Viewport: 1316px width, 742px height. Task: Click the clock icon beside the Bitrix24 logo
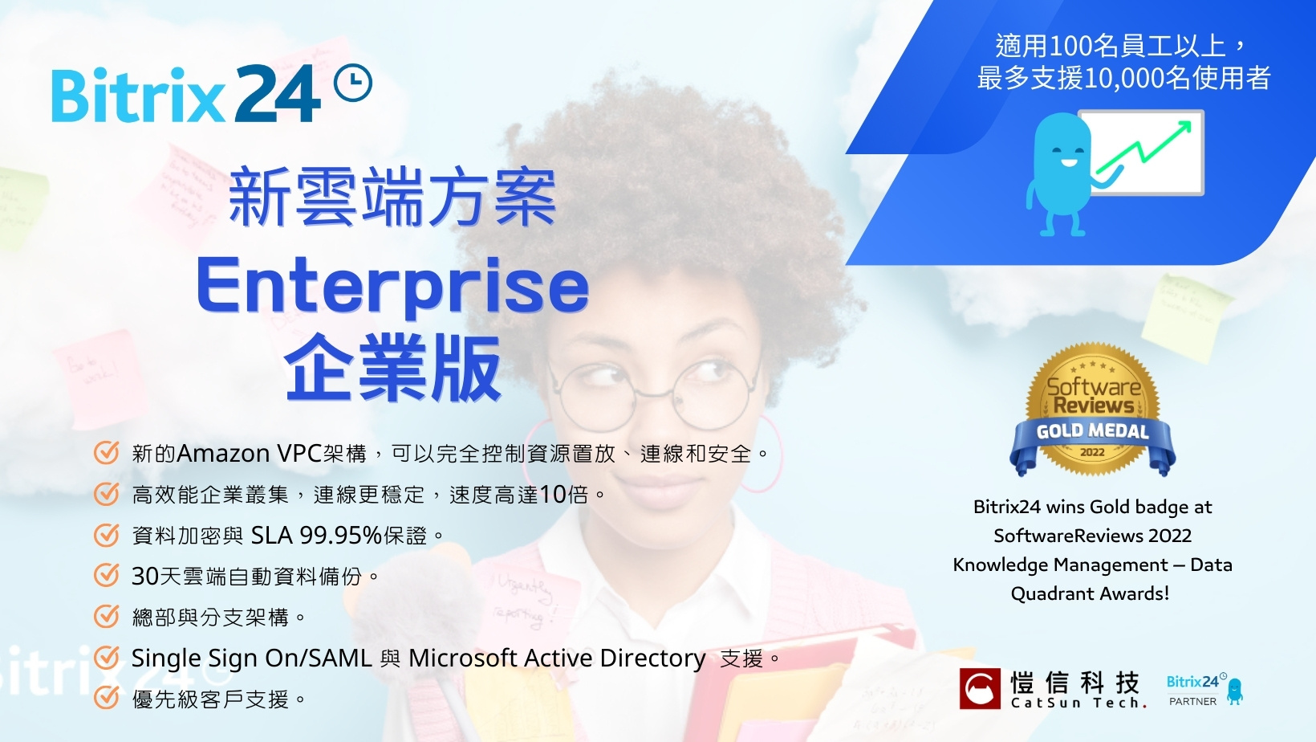coord(353,84)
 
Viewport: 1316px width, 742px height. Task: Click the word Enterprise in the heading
coord(392,287)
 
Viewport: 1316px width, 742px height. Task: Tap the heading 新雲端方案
coord(392,197)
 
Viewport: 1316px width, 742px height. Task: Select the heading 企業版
coord(392,369)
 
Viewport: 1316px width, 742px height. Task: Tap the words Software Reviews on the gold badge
coord(1093,395)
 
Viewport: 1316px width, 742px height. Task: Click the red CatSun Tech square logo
coord(980,688)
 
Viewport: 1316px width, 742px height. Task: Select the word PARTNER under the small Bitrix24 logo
coord(1192,701)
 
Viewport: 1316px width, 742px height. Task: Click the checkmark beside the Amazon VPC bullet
coord(107,453)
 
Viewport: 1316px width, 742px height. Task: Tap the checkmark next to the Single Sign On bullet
coord(107,658)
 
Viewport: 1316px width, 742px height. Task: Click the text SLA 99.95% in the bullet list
coord(316,535)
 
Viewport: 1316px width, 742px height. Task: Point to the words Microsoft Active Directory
coord(557,658)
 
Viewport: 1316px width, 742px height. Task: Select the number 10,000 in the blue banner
coord(1124,78)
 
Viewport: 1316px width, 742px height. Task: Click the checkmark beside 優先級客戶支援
coord(107,699)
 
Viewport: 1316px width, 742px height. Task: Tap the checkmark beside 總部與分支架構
coord(107,617)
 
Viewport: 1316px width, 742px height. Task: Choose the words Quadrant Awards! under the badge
coord(1090,593)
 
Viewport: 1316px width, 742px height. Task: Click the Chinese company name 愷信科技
coord(1074,683)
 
